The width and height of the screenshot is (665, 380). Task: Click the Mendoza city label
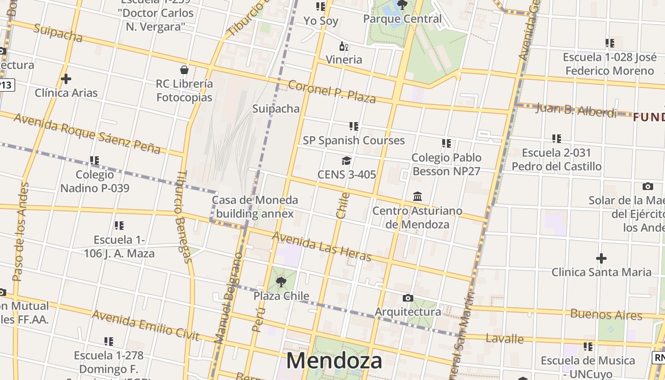334,361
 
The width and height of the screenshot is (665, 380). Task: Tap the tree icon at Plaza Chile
281,282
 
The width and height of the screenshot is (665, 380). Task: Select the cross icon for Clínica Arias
66,79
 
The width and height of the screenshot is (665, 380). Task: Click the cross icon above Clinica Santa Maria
601,258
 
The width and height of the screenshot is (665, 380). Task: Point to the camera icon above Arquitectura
408,298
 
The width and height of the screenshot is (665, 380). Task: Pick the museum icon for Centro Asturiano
418,196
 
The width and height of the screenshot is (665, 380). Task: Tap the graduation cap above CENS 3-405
346,161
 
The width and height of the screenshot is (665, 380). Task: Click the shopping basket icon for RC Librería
184,70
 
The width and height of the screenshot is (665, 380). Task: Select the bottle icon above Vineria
343,46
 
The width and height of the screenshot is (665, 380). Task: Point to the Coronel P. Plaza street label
332,92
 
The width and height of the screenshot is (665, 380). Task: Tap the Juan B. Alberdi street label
576,110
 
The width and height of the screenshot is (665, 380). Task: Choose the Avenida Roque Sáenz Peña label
87,133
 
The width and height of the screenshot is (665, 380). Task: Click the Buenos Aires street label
606,314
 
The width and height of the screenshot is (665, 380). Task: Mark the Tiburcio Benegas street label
183,217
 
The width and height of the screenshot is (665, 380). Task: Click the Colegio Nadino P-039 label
95,181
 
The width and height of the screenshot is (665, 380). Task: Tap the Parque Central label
402,19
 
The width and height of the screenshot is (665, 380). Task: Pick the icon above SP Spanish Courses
353,126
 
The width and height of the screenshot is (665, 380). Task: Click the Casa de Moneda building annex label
255,207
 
